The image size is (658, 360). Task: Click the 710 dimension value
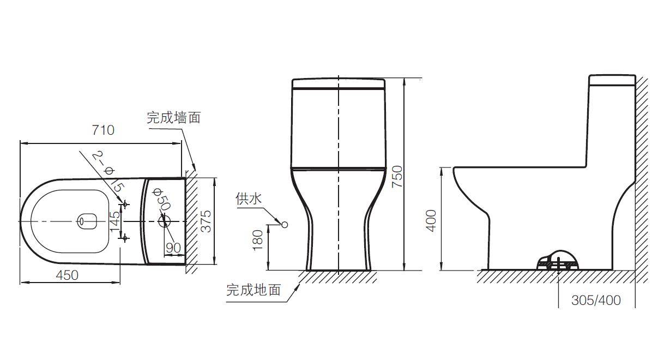point(103,130)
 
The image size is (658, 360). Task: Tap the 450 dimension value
point(67,275)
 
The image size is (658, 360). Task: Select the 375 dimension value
point(207,221)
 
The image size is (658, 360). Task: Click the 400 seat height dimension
point(431,220)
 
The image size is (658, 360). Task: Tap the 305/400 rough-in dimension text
point(596,301)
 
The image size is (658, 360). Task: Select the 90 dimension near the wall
point(173,248)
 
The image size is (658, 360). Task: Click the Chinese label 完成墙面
point(173,117)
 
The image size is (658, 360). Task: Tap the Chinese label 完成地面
point(253,290)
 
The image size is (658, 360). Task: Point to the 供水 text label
point(249,199)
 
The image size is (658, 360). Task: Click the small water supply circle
point(283,224)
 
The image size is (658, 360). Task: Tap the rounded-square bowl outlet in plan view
point(87,221)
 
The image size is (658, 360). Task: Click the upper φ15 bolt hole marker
point(125,205)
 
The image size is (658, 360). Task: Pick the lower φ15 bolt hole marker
point(125,238)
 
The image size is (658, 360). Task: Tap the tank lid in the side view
point(612,80)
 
